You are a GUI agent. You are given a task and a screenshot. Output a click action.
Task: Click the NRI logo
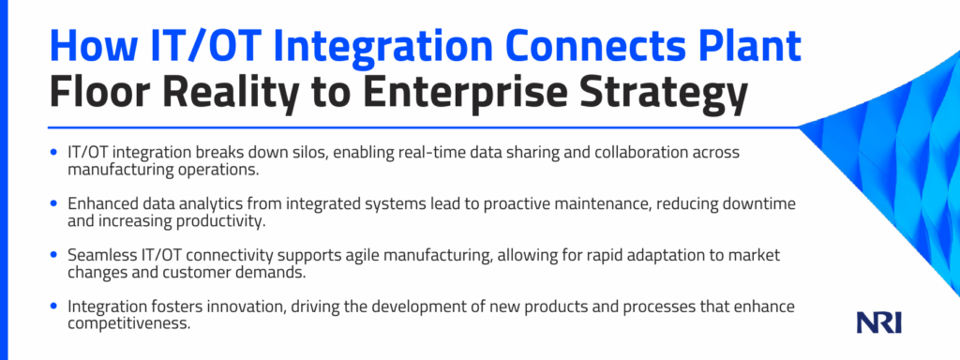(879, 322)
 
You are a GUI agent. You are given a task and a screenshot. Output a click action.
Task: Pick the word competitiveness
(127, 323)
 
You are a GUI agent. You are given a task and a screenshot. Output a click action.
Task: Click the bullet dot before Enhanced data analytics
(55, 203)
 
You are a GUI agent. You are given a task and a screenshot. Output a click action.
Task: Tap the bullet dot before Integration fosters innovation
(55, 306)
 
